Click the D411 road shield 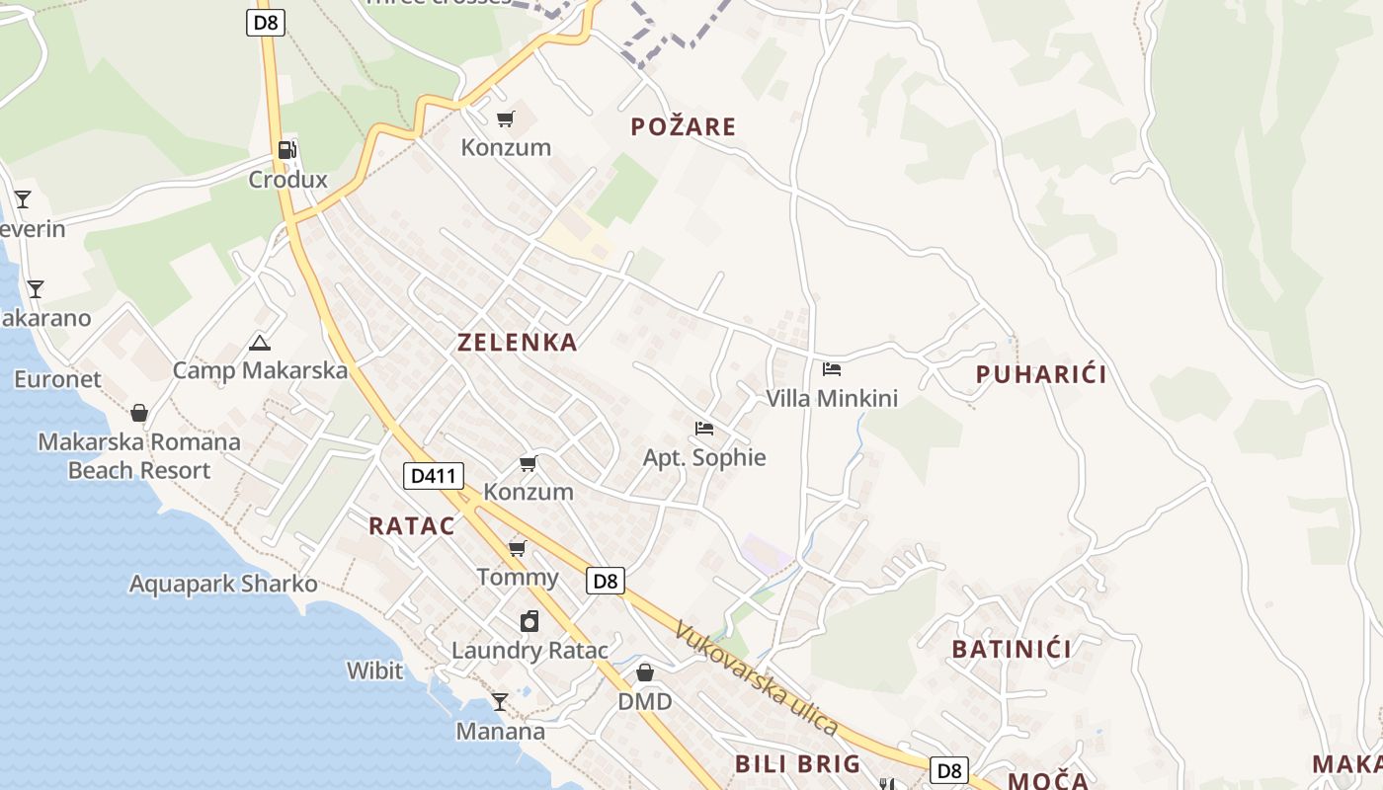434,476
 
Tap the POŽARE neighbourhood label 684,126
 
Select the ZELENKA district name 517,343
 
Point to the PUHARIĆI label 1041,374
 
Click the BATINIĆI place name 1012,649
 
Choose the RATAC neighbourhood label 412,526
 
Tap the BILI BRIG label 798,763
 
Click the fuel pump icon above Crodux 286,150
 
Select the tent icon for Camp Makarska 260,343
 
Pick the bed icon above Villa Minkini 832,369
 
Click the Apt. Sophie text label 704,458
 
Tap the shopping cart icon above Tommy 517,548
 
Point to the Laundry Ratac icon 529,621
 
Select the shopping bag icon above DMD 644,672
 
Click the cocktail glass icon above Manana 500,702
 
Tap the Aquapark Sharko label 223,584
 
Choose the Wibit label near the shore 374,671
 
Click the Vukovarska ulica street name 757,677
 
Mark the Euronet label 57,379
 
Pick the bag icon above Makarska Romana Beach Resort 139,413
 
